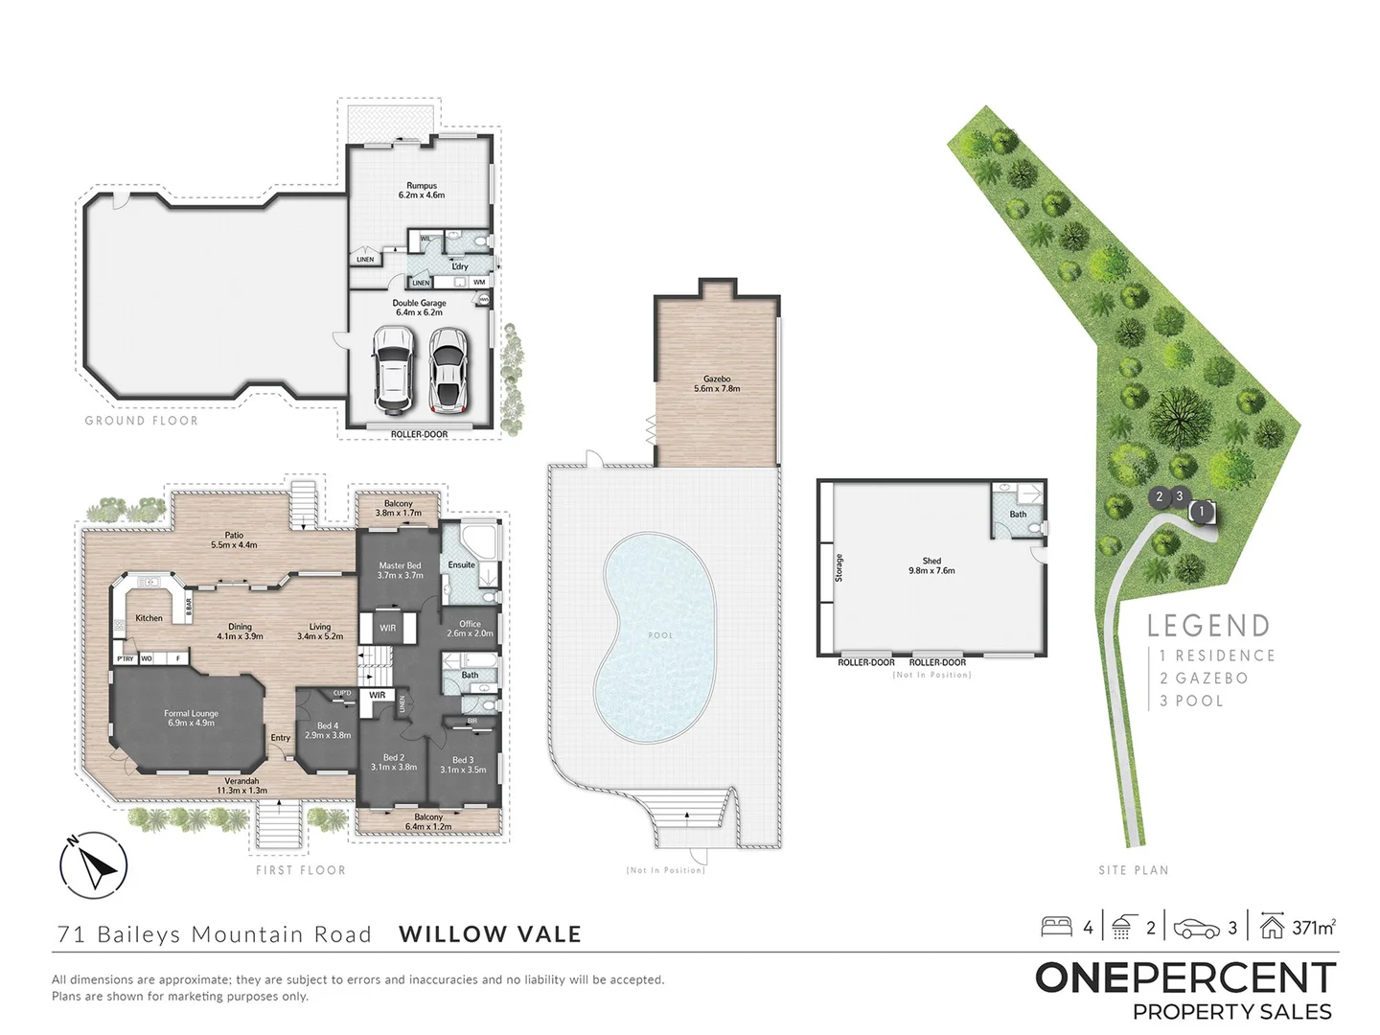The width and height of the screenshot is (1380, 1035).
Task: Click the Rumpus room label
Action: point(422,190)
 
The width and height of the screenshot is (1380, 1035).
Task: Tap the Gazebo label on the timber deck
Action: point(716,384)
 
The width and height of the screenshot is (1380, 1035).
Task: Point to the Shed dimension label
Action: point(931,565)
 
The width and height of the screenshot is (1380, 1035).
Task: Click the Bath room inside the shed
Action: point(1018,514)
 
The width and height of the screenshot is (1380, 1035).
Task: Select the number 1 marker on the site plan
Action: point(1202,512)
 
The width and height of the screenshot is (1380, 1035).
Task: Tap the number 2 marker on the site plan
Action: point(1160,496)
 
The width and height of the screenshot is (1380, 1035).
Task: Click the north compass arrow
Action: point(94,865)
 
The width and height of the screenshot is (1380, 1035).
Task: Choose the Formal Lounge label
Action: point(191,718)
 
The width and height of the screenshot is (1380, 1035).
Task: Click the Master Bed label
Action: point(400,570)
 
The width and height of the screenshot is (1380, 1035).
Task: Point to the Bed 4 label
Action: point(328,730)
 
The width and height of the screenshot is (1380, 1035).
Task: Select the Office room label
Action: point(470,629)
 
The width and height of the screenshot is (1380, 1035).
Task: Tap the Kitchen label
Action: point(149,618)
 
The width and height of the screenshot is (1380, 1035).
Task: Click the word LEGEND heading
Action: point(1208,626)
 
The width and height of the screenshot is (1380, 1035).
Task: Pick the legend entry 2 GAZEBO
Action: point(1204,678)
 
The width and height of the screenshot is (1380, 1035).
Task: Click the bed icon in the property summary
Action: point(1056,927)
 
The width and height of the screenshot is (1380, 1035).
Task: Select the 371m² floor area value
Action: point(1313,927)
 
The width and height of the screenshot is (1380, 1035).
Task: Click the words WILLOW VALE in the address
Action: point(490,934)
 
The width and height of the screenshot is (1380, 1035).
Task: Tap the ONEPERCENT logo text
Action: point(1185,978)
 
